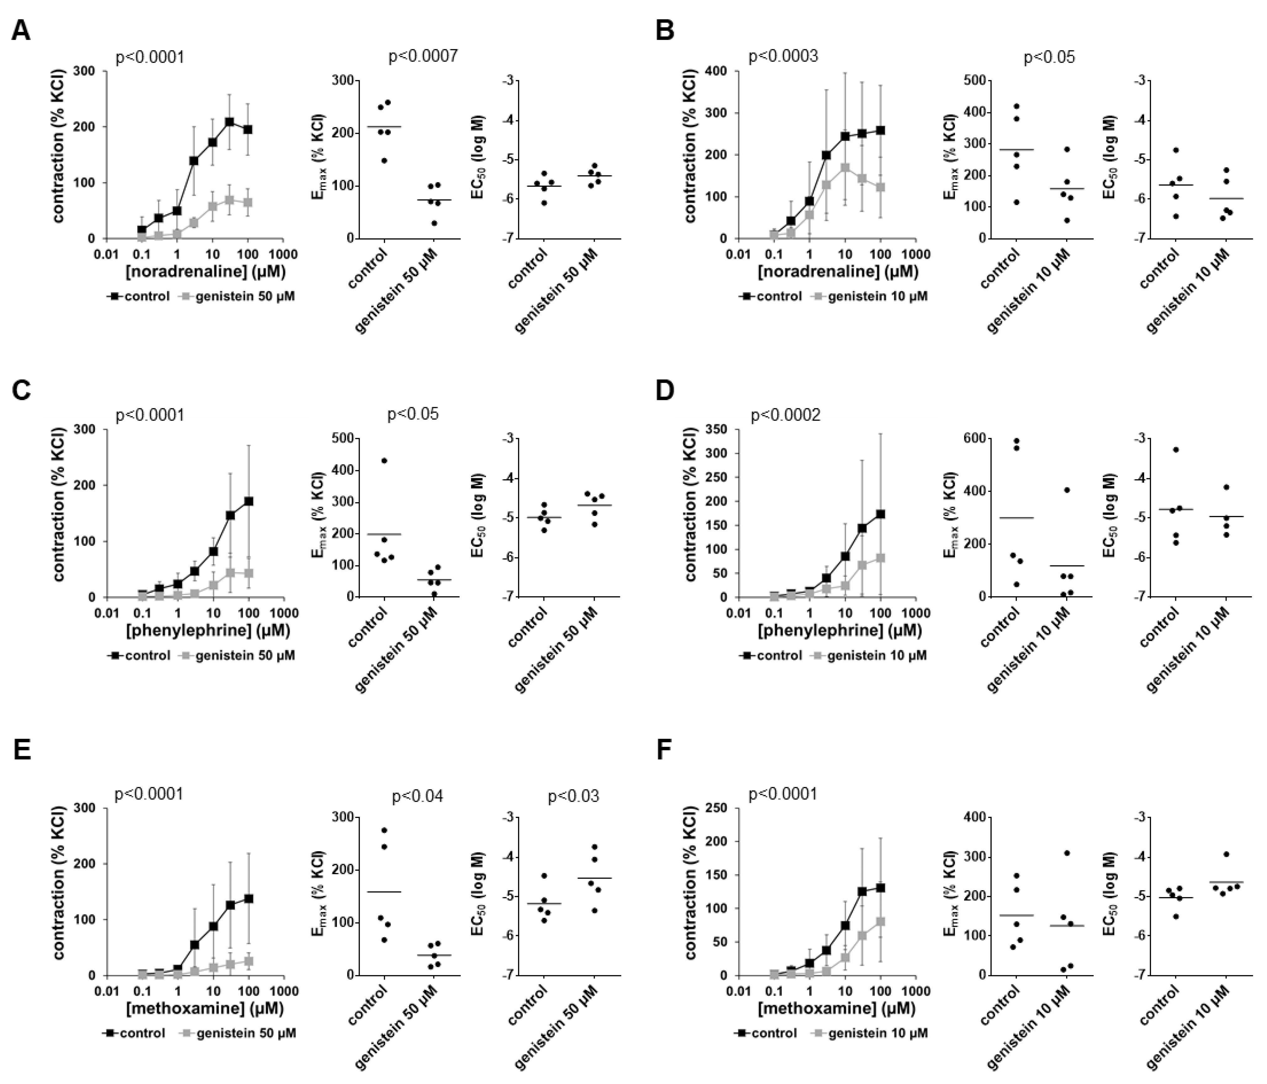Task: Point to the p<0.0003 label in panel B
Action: pos(783,57)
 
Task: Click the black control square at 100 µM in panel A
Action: pos(248,130)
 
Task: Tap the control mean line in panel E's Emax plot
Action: pos(384,892)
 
